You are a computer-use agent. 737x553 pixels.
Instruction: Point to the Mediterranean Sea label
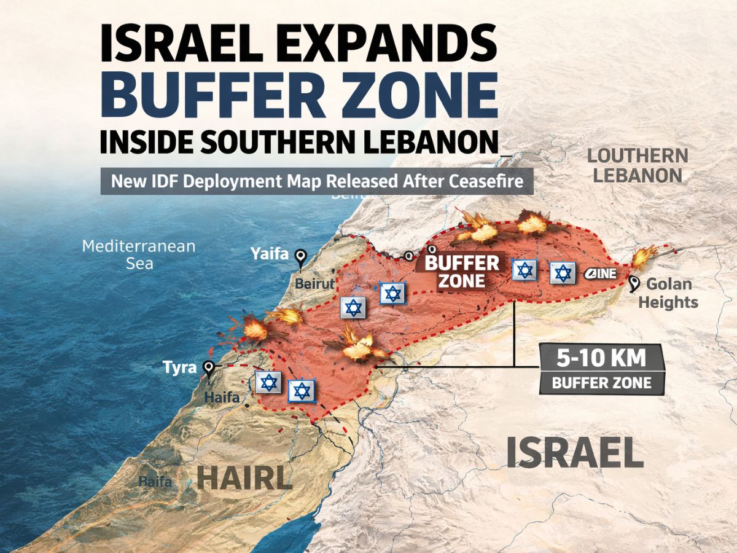click(139, 254)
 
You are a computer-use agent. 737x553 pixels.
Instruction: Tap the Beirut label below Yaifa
click(315, 284)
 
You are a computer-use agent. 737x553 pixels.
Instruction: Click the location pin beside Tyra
click(209, 368)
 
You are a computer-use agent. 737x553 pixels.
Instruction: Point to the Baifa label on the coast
click(155, 482)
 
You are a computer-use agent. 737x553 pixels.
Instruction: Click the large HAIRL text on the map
click(244, 477)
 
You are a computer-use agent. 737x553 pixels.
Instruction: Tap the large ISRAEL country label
click(574, 453)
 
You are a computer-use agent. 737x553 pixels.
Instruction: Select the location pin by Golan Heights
click(635, 283)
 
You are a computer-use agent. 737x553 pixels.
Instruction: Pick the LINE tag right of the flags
click(601, 274)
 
